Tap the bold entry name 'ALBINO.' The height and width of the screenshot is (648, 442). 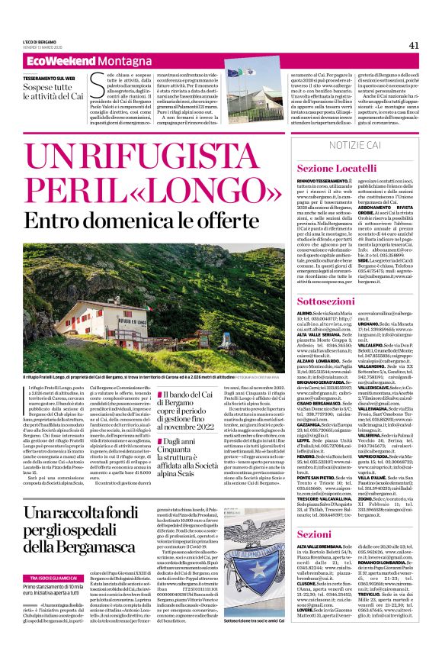tap(306, 314)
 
